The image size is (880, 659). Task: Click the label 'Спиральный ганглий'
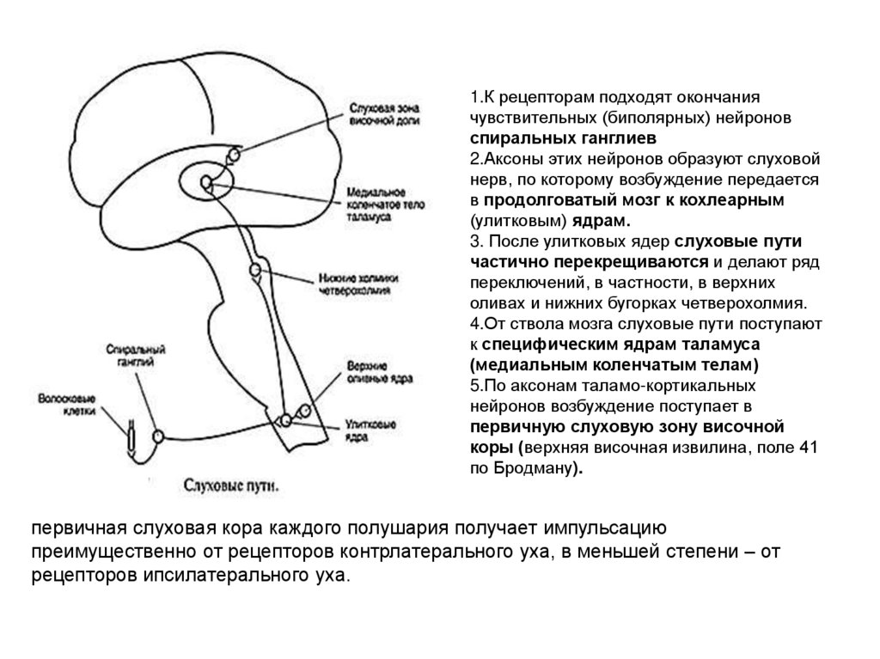(x=135, y=357)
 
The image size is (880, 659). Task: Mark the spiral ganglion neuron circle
(x=157, y=436)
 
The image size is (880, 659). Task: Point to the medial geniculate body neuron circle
(x=206, y=181)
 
